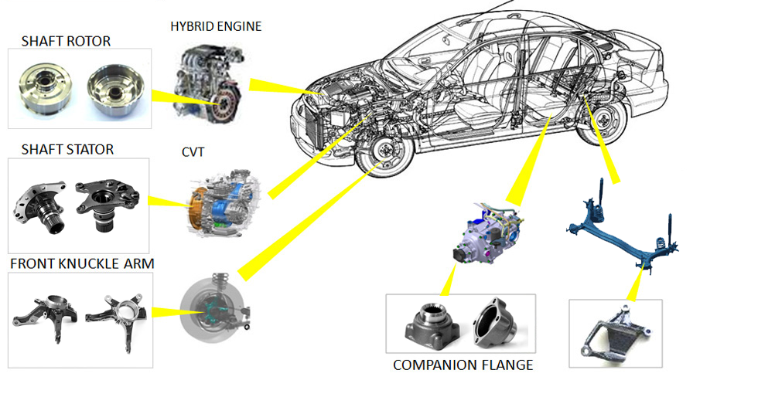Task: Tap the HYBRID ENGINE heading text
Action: (x=216, y=26)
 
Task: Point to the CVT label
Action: (x=193, y=152)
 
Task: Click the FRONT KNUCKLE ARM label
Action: (x=82, y=264)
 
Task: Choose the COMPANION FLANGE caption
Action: (x=463, y=365)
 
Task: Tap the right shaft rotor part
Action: (x=115, y=90)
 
